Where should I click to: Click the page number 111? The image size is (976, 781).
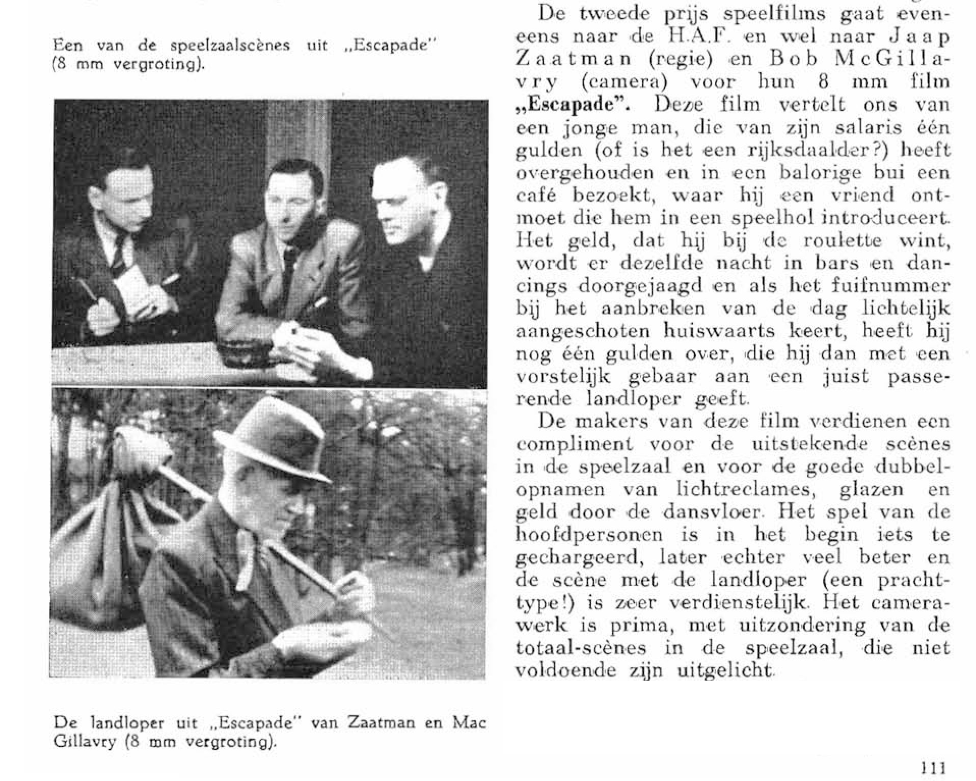pyautogui.click(x=933, y=767)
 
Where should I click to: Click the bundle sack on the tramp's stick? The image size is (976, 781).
pyautogui.click(x=102, y=530)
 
